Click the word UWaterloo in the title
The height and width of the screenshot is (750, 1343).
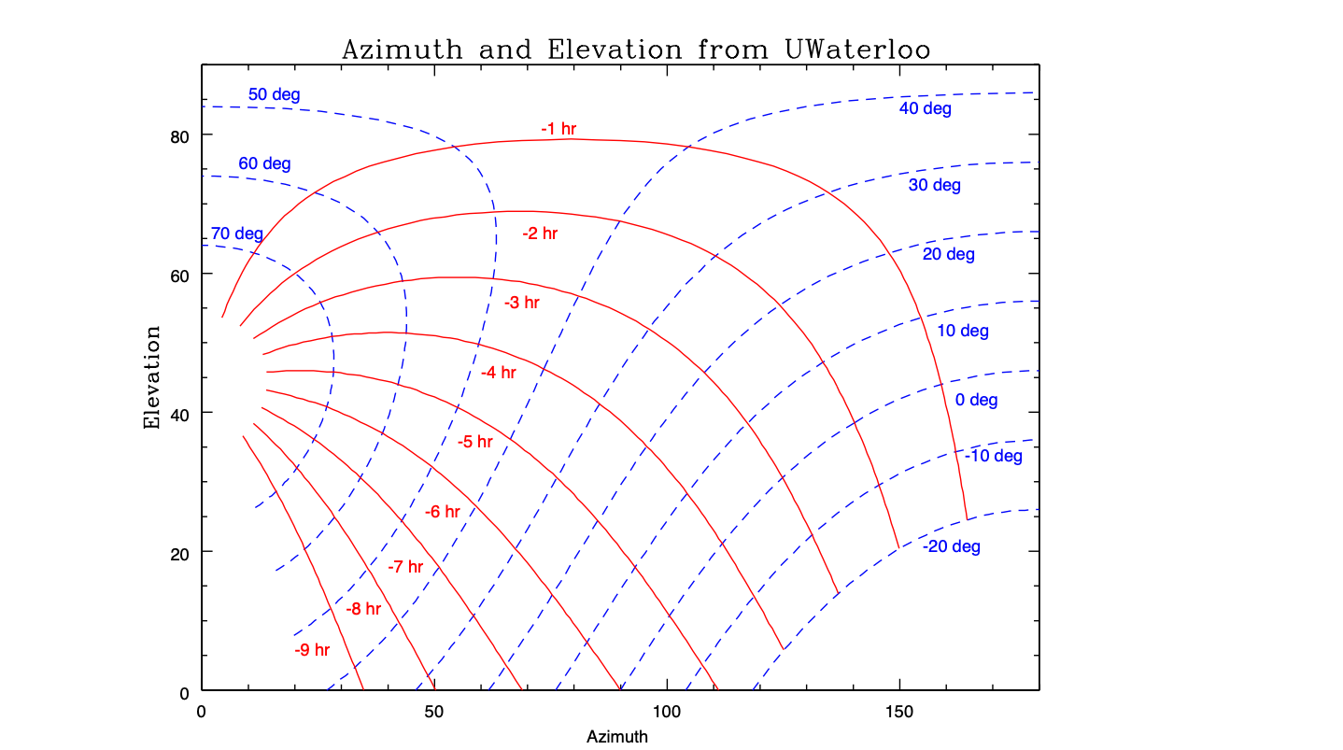[852, 50]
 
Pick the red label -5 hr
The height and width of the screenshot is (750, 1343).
[474, 442]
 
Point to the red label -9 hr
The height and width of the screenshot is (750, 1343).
[312, 650]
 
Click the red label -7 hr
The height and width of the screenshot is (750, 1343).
[405, 567]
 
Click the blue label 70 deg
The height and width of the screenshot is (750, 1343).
[236, 233]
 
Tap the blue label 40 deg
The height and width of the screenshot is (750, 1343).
[925, 109]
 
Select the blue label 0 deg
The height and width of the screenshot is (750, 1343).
[976, 401]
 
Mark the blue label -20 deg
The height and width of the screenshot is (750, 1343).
[951, 546]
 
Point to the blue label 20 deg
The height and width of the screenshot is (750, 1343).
[948, 254]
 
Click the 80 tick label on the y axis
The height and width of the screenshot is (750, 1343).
[179, 135]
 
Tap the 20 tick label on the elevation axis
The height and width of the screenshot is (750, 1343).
[179, 552]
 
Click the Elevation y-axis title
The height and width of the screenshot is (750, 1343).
[152, 377]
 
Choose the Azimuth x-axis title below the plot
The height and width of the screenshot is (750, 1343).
[616, 737]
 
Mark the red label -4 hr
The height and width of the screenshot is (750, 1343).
[498, 373]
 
